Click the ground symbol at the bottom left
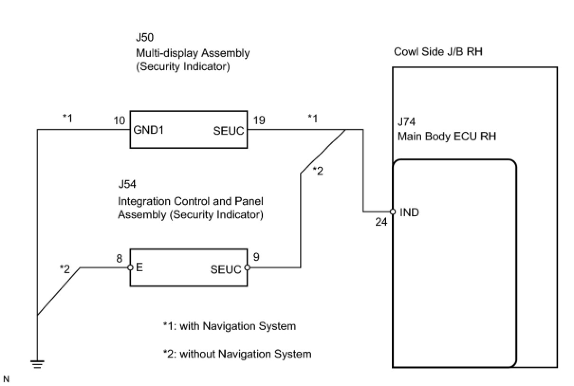(37, 364)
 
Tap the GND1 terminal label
(149, 130)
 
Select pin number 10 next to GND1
(120, 121)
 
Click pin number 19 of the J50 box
(259, 120)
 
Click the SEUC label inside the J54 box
(226, 269)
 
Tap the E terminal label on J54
(140, 267)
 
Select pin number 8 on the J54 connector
(120, 259)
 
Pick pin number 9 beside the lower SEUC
(256, 258)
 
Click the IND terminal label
(409, 212)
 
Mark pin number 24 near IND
(381, 221)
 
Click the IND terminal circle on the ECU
(393, 212)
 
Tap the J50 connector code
(144, 37)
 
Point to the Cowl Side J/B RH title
(438, 52)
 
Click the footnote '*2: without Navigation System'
(237, 354)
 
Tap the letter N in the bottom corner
(6, 379)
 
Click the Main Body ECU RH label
(447, 137)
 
